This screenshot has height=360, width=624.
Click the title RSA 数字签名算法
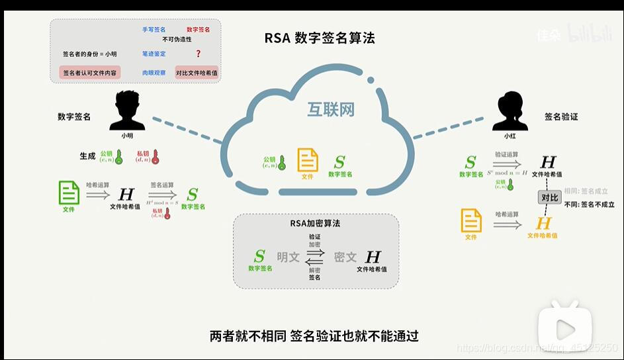pos(320,38)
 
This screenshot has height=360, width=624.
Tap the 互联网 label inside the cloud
pos(330,110)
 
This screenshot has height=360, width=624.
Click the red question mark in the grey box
pos(198,54)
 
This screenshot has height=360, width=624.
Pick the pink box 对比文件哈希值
pos(197,72)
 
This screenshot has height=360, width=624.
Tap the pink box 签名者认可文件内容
pos(90,72)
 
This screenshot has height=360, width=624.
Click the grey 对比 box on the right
pos(549,197)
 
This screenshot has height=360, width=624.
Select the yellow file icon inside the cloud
pos(307,161)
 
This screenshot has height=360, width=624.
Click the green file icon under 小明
pos(69,193)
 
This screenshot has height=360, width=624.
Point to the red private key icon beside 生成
pos(156,157)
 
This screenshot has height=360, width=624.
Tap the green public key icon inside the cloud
pos(281,163)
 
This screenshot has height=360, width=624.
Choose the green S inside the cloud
pos(339,162)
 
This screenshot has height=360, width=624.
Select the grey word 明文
pos(288,257)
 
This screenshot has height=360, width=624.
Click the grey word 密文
pos(345,257)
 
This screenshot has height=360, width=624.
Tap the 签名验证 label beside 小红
pos(561,116)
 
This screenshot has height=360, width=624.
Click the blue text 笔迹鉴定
pos(154,54)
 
